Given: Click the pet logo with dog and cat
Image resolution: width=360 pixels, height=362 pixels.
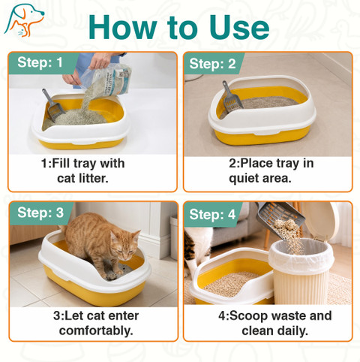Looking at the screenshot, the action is click(24, 20).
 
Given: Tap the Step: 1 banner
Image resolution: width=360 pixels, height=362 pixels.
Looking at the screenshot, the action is click(40, 62).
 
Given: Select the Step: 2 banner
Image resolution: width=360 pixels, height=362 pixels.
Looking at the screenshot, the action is click(212, 64).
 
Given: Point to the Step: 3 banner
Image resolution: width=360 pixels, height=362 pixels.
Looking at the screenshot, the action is click(40, 213).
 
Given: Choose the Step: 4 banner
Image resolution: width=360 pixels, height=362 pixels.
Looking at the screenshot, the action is click(212, 215).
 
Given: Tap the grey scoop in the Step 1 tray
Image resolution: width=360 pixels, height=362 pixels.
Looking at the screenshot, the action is click(52, 104).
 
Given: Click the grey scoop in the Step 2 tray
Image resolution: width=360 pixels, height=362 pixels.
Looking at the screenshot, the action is click(231, 95).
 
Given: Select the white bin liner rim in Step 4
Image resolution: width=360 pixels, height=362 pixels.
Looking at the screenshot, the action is click(302, 253).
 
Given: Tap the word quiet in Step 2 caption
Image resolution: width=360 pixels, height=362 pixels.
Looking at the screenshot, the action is click(244, 179).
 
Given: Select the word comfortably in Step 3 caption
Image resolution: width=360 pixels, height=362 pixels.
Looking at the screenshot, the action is click(96, 330).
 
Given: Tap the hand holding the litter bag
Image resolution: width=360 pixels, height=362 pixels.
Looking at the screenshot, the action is click(100, 61).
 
